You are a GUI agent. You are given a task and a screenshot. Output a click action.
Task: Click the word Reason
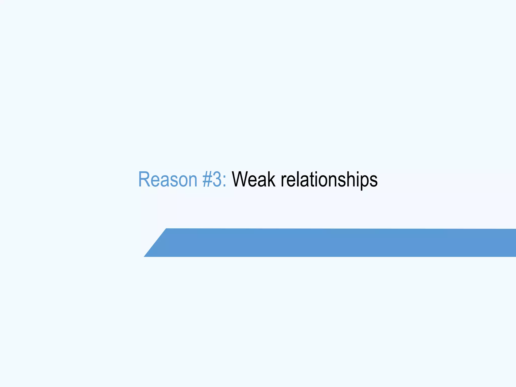pos(168,179)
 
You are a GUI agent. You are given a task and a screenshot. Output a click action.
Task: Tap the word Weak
pos(253,179)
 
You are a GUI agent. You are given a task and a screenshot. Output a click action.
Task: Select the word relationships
pos(329,179)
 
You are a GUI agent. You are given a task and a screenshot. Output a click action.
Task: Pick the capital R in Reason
pos(144,179)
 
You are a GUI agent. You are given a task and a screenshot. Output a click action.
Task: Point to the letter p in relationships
pos(364,182)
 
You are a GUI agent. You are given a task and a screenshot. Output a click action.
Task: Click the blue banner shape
pos(328,243)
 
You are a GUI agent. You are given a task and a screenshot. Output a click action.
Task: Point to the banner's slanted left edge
pos(155,243)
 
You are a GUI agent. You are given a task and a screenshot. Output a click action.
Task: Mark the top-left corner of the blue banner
pos(166,229)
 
